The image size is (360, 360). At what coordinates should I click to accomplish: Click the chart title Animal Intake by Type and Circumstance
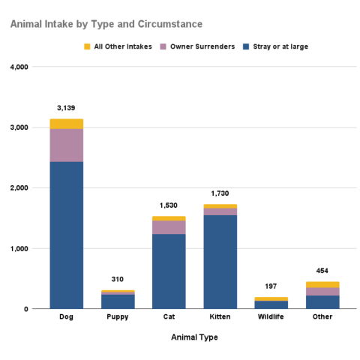coord(106,25)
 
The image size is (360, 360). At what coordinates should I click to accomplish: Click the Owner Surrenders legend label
coord(196,46)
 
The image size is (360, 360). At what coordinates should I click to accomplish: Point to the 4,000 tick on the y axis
coord(19,67)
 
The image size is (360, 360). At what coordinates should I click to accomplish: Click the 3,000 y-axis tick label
coord(19,127)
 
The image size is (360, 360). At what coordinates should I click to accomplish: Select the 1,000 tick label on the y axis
coord(19,248)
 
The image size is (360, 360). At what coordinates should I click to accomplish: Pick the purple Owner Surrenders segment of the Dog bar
coord(66,145)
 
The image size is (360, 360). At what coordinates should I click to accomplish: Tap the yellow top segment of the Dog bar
coord(66,124)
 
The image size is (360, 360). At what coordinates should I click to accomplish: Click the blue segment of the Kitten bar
coord(220,262)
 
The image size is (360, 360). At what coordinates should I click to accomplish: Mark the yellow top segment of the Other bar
coord(322,284)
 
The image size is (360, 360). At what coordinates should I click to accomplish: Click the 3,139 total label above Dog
coord(66,107)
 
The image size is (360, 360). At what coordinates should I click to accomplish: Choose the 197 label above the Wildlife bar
coord(271,286)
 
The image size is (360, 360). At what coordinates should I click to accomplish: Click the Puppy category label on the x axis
coord(117,316)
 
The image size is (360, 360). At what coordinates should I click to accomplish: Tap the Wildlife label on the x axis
coord(271,316)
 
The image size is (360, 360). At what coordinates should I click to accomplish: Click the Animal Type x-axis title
coord(194,337)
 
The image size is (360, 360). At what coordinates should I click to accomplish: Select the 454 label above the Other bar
coord(322,271)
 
